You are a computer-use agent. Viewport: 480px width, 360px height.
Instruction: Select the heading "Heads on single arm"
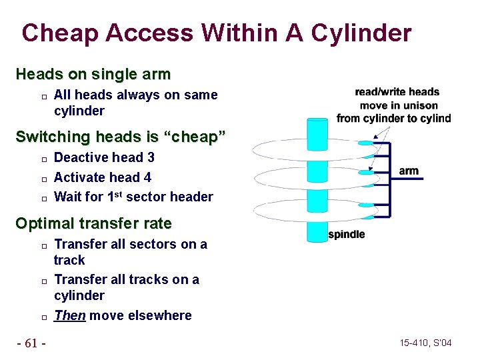[x=93, y=73]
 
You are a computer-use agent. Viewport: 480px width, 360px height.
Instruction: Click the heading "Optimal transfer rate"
[x=93, y=223]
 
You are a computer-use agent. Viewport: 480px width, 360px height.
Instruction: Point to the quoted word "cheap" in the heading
[x=199, y=137]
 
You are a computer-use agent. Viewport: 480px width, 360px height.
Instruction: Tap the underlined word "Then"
[x=69, y=315]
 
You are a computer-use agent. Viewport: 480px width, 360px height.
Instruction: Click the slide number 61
[x=31, y=343]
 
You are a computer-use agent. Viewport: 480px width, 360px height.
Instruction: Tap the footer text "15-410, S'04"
[x=426, y=343]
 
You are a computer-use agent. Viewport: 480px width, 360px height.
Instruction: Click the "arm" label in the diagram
[x=409, y=171]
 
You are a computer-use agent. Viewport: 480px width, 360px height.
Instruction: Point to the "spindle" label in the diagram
[x=347, y=235]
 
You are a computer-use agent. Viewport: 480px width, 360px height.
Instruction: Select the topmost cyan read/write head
[x=365, y=143]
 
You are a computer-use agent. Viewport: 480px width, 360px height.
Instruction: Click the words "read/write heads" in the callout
[x=397, y=92]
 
